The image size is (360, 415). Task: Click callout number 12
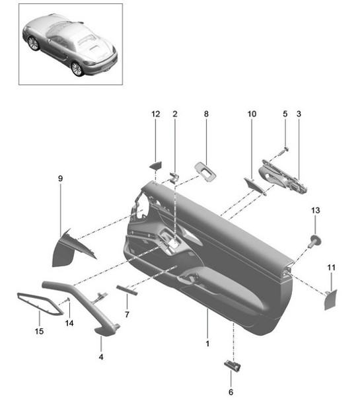pos(155,114)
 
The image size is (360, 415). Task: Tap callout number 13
pos(315,210)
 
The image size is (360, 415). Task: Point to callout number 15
pos(39,331)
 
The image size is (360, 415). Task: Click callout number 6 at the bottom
pos(231,393)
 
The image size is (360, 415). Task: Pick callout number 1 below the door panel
pos(207,344)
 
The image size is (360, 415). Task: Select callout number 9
pos(60,178)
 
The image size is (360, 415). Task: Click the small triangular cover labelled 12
pos(155,166)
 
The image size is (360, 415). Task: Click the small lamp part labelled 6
pos(232,365)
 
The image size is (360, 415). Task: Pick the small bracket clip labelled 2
pos(176,176)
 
